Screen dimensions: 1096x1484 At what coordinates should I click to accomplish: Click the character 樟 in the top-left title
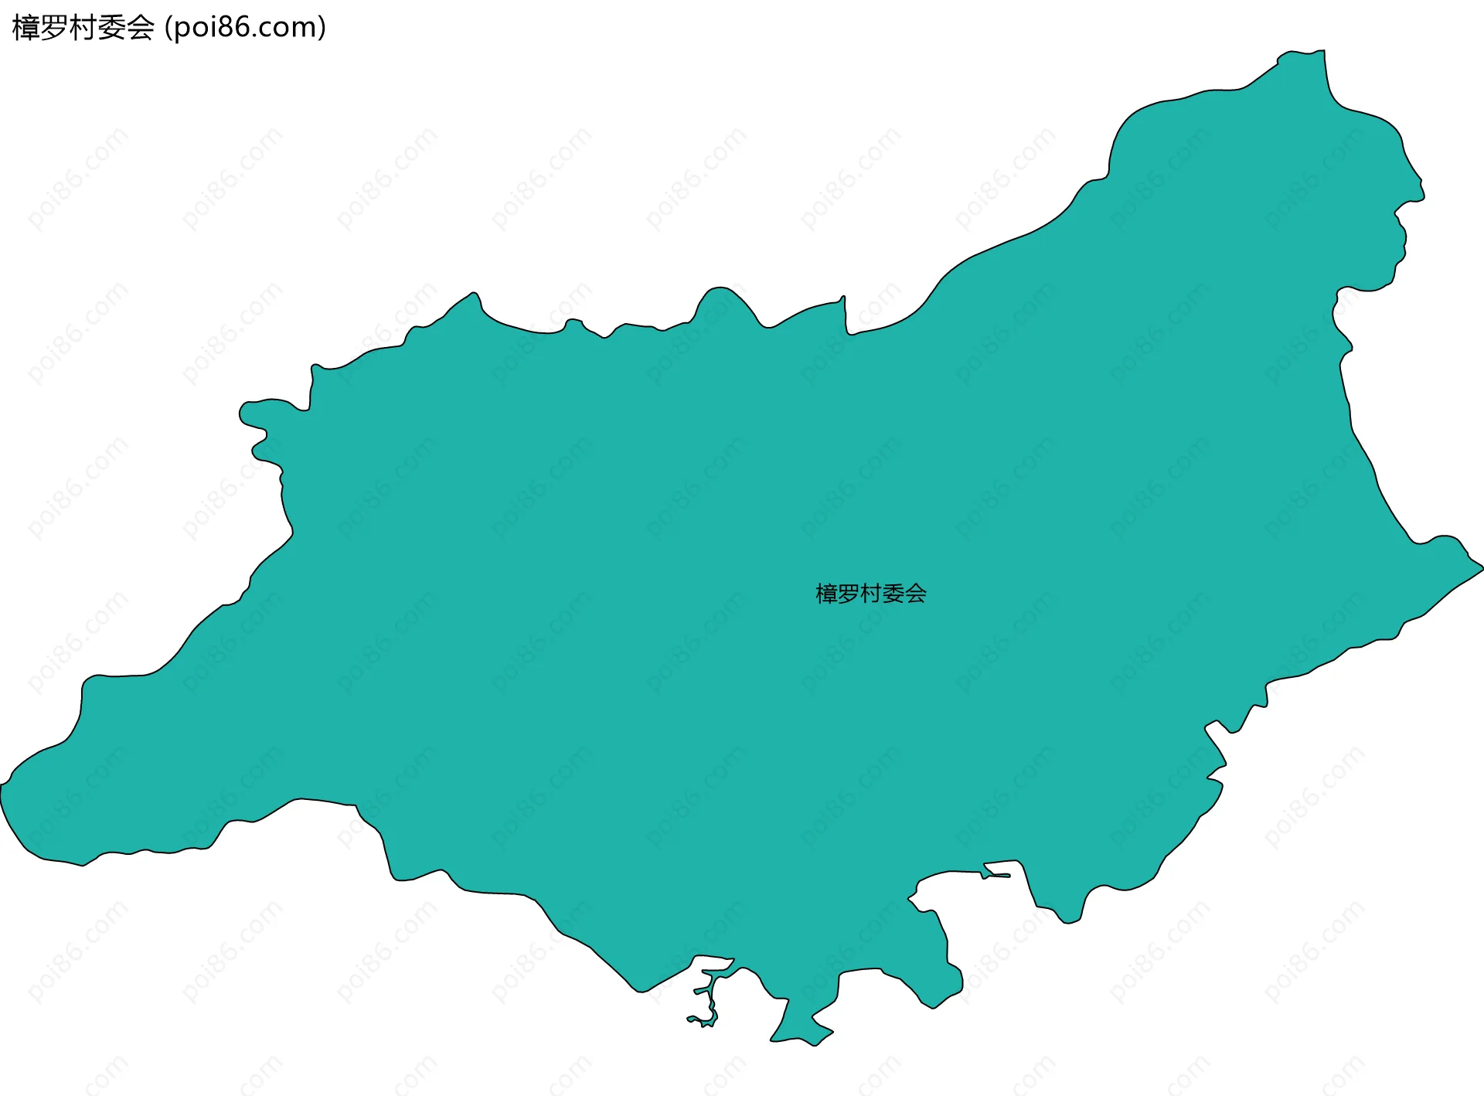click(26, 28)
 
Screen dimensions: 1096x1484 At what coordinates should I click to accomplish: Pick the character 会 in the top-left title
click(141, 28)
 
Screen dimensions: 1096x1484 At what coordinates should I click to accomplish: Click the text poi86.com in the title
click(245, 28)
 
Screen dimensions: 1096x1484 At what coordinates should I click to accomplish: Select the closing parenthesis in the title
click(322, 28)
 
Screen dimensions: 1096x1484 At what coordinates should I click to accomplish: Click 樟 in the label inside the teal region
click(827, 594)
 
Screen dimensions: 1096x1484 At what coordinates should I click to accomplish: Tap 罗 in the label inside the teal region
click(849, 594)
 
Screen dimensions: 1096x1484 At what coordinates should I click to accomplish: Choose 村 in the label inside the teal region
click(871, 594)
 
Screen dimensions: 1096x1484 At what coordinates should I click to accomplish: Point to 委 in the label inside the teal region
click(893, 594)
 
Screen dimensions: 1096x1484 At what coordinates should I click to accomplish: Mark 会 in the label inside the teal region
click(916, 594)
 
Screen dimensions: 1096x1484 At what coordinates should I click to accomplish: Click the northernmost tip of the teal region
click(1322, 53)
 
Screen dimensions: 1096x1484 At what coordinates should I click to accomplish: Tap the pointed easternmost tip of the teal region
click(1481, 569)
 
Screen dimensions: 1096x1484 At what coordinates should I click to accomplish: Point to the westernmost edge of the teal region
click(2, 788)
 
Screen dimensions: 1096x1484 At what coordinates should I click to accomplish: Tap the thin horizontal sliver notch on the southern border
click(997, 875)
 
